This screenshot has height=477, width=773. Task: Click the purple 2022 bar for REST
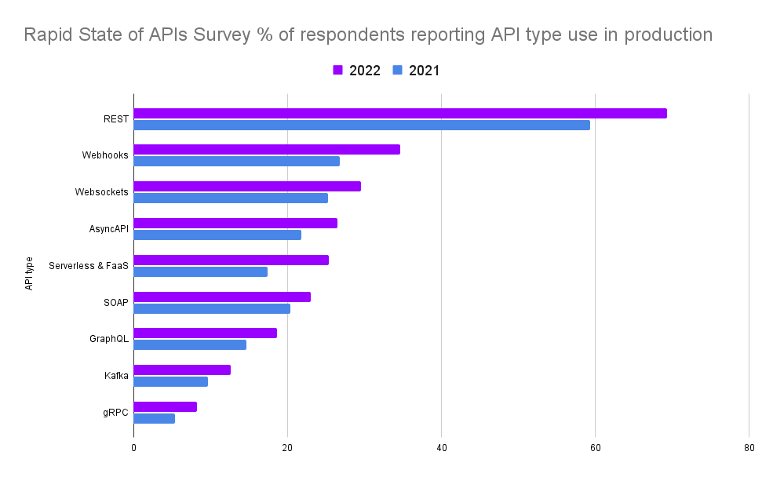pyautogui.click(x=400, y=113)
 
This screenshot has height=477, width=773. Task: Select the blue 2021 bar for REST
pyautogui.click(x=362, y=125)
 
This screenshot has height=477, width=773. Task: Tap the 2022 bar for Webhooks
pyautogui.click(x=267, y=149)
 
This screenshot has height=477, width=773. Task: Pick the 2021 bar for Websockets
pyautogui.click(x=231, y=198)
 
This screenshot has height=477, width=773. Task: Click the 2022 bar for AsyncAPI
pyautogui.click(x=235, y=223)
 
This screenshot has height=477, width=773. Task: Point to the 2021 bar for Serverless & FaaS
pyautogui.click(x=201, y=271)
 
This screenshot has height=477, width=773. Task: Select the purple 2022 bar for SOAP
pyautogui.click(x=222, y=297)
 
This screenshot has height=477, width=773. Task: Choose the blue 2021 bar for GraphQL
pyautogui.click(x=190, y=344)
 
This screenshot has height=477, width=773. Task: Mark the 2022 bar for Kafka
pyautogui.click(x=182, y=370)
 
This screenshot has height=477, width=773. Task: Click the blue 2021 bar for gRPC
pyautogui.click(x=155, y=418)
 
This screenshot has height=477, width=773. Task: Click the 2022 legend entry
pyautogui.click(x=357, y=71)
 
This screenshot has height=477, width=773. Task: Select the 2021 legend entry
pyautogui.click(x=416, y=71)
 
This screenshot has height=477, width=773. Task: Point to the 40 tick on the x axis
pyautogui.click(x=441, y=448)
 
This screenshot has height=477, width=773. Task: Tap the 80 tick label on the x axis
pyautogui.click(x=749, y=448)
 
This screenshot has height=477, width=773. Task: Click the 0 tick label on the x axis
pyautogui.click(x=133, y=448)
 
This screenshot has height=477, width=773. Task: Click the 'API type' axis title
pyautogui.click(x=29, y=273)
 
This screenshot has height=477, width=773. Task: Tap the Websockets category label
pyautogui.click(x=101, y=192)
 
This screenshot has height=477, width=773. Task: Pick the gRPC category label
pyautogui.click(x=115, y=413)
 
